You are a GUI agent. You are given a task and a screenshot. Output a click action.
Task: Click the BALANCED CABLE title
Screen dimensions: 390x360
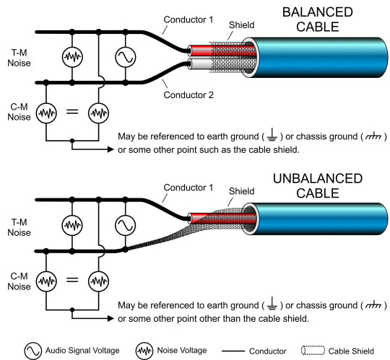(x=318, y=19)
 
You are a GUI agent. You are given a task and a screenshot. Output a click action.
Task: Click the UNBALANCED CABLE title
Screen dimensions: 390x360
(x=318, y=185)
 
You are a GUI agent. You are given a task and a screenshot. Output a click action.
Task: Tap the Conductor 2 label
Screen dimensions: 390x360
(x=188, y=95)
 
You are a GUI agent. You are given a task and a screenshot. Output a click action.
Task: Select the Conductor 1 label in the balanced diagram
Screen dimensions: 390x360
(x=188, y=19)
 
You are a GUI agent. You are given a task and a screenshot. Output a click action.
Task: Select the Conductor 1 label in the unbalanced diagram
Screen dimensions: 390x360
(x=188, y=188)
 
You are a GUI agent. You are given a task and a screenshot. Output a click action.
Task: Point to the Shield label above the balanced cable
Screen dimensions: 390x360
(x=241, y=25)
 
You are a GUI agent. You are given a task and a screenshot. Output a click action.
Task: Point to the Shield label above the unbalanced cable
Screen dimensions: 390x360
(x=241, y=191)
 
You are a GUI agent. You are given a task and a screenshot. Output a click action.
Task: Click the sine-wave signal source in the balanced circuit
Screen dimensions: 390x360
(x=126, y=57)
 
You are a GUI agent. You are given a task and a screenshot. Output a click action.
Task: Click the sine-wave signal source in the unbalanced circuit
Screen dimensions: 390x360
(x=126, y=225)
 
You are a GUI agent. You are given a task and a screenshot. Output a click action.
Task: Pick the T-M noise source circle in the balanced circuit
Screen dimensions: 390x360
(x=72, y=57)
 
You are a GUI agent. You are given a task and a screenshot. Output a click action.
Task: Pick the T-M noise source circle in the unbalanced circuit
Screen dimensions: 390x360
(x=72, y=225)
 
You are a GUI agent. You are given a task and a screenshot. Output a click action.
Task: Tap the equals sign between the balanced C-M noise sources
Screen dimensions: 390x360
(x=72, y=112)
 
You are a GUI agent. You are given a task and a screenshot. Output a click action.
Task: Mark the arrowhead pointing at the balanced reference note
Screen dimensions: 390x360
(x=110, y=149)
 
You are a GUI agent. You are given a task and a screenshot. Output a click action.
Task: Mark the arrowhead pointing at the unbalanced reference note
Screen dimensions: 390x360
(x=110, y=318)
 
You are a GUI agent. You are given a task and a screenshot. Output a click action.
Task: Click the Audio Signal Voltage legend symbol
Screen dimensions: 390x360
(x=32, y=351)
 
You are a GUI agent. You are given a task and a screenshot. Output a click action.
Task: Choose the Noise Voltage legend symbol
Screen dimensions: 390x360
(x=144, y=351)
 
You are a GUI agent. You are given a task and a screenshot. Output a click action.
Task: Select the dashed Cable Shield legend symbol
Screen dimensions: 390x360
(x=313, y=351)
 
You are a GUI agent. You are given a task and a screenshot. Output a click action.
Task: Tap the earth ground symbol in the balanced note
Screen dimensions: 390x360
(x=272, y=135)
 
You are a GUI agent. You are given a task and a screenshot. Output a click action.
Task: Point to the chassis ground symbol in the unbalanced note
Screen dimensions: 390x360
(x=373, y=305)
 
